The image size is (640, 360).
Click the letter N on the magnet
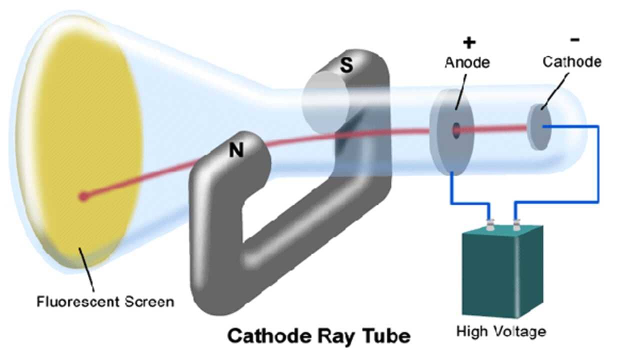[x=236, y=150]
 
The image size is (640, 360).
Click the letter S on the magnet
[x=346, y=66]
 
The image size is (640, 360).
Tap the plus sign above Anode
[x=468, y=43]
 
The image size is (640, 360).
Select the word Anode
[x=467, y=62]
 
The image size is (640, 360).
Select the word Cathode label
[x=572, y=62]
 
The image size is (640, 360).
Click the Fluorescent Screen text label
[x=105, y=302]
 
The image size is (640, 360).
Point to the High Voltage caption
[x=501, y=331]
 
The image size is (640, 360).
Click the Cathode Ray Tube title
[x=319, y=335]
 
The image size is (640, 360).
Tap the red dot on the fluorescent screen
[x=83, y=196]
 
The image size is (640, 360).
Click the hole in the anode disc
[x=456, y=130]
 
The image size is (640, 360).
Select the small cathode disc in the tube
[x=539, y=127]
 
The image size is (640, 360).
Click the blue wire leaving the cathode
[x=597, y=165]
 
